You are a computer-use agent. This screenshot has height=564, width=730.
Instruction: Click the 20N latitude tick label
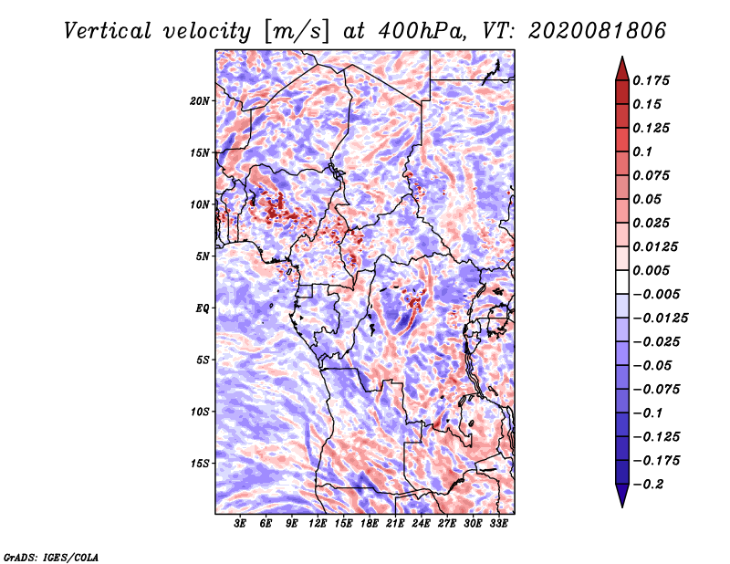coord(200,101)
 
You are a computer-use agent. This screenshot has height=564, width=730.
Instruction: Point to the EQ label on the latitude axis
coord(203,308)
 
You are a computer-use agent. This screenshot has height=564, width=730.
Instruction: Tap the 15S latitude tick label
coord(200,464)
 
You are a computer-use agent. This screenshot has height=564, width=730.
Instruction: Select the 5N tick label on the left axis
coord(203,256)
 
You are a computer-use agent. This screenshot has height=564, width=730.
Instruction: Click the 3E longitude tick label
coord(240,524)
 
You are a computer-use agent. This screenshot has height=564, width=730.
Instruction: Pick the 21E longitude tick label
coord(395,524)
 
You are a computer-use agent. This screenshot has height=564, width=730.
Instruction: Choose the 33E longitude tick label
coord(498,524)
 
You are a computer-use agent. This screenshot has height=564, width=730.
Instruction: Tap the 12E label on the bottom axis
coord(318,524)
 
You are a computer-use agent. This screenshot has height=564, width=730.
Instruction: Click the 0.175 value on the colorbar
coord(651,80)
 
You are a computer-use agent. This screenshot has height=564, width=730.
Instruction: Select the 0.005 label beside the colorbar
coord(651,270)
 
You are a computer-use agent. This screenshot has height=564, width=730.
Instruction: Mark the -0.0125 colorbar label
coord(660,319)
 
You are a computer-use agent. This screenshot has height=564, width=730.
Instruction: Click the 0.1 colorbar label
coord(642,151)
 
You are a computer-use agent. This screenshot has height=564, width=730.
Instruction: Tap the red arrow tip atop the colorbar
coord(622,57)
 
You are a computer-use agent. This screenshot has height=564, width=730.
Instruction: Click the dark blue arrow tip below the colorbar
coord(622,507)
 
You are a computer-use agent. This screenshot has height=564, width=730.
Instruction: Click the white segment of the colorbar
coord(622,282)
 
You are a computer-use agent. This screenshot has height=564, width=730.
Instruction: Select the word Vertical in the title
coord(108,31)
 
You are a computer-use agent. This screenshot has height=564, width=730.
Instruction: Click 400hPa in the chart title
coord(422,31)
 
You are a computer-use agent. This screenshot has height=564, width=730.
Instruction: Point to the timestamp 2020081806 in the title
coord(598,31)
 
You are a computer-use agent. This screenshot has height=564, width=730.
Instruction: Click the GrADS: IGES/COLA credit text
coord(51,558)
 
